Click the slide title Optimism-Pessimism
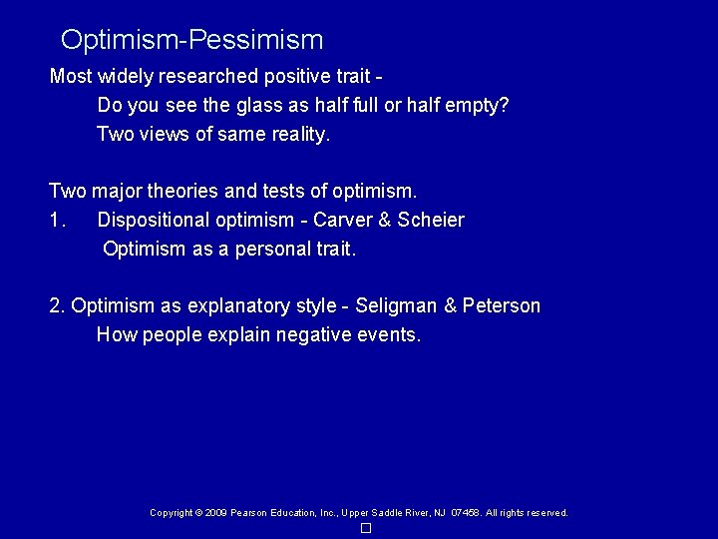click(191, 40)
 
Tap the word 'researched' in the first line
click(207, 76)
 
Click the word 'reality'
click(299, 134)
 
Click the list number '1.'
click(57, 220)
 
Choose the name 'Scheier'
click(431, 220)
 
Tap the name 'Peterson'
click(502, 306)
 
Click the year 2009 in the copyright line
click(215, 513)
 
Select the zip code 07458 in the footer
click(464, 513)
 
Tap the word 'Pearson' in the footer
click(249, 513)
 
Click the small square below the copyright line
click(366, 528)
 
